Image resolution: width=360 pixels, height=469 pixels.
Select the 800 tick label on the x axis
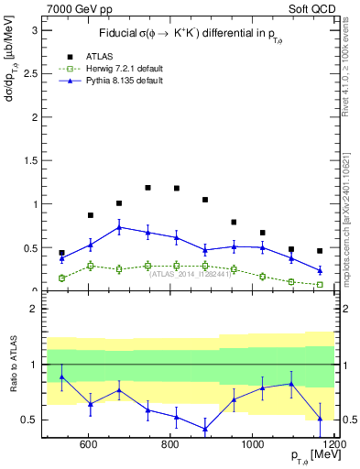[171, 445]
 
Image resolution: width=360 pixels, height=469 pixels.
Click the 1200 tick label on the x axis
[333, 445]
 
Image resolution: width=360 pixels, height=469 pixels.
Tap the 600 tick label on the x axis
[89, 445]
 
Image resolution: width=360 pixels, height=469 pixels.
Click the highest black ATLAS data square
[147, 188]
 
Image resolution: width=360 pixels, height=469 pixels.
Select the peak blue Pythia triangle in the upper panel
[119, 227]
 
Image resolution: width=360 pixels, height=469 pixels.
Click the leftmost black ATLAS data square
[61, 253]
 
